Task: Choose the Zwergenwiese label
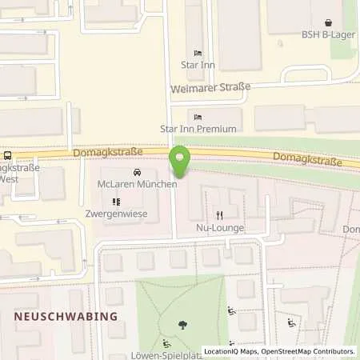(116, 215)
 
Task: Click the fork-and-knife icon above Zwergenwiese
(116, 202)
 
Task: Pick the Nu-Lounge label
(219, 228)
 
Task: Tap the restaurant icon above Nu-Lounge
(219, 214)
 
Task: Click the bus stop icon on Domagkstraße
(7, 155)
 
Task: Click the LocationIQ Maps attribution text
(230, 351)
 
